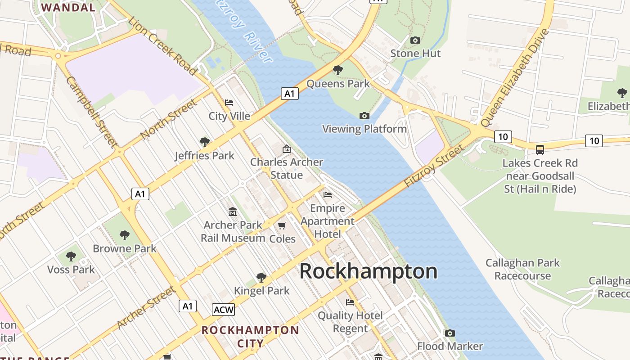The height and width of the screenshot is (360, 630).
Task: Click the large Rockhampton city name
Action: click(368, 271)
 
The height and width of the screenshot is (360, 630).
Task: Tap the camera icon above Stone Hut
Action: click(415, 40)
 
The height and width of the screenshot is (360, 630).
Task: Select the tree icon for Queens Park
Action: click(337, 70)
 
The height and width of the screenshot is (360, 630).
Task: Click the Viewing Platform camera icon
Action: click(364, 116)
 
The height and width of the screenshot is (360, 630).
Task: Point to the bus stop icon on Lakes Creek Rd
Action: click(540, 150)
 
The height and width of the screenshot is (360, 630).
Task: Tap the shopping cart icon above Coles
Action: click(282, 225)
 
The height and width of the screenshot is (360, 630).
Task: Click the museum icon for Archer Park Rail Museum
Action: click(233, 211)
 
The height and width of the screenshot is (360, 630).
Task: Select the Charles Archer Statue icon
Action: click(286, 149)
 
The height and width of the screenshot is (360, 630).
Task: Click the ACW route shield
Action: click(223, 310)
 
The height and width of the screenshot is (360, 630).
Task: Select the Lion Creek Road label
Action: click(162, 45)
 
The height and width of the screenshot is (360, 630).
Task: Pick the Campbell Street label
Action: click(91, 112)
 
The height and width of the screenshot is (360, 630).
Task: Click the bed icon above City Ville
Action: click(229, 103)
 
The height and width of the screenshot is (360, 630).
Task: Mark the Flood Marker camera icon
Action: click(450, 333)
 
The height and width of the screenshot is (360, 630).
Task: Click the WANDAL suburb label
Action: click(68, 7)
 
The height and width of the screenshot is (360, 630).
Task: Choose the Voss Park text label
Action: click(71, 270)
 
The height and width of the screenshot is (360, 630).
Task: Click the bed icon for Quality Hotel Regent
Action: click(350, 302)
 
